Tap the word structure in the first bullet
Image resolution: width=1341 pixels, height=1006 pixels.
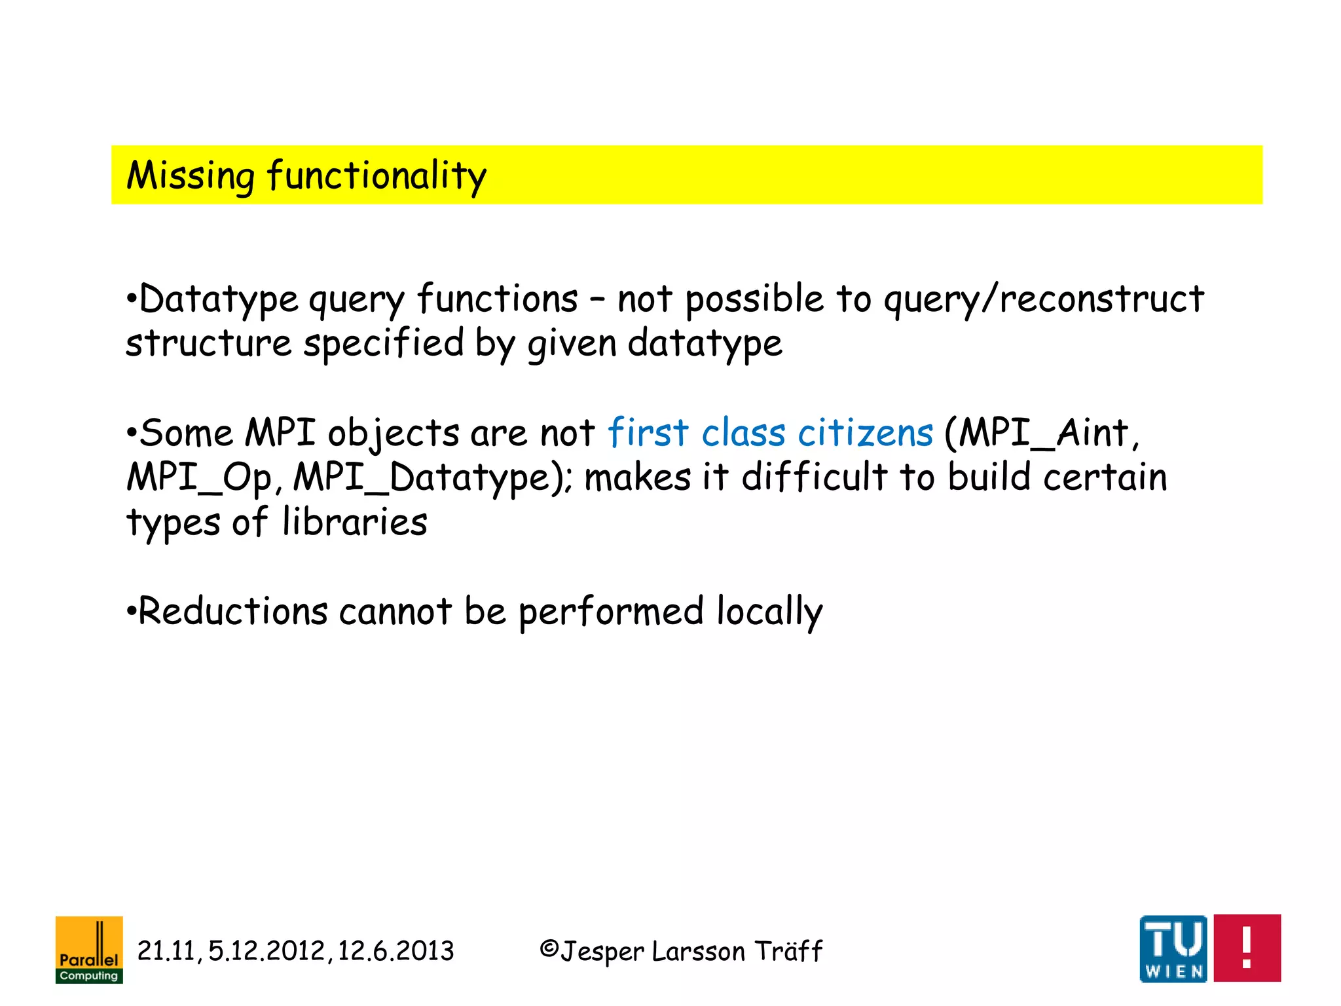pos(208,343)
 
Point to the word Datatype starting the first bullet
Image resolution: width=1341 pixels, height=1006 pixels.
pos(219,299)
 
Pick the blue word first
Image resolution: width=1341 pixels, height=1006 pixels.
pos(648,433)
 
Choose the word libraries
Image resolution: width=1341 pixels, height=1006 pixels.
pos(354,522)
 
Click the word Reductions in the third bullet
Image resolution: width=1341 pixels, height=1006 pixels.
pos(232,611)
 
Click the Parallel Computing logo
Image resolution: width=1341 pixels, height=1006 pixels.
pos(89,949)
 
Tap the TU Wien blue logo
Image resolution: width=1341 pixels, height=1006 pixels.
pos(1173,948)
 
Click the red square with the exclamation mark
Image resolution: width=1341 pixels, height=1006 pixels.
pos(1247,948)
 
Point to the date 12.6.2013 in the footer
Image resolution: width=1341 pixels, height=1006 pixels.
pos(395,951)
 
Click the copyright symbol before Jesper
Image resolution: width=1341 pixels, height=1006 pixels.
pos(549,948)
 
